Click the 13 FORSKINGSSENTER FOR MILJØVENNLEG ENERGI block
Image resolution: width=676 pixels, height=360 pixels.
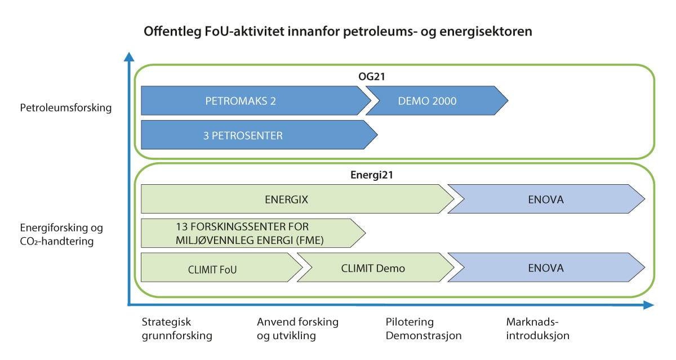coord(251,233)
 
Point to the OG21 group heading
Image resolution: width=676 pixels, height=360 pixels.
coord(394,75)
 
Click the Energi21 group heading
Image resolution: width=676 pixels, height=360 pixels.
coord(394,175)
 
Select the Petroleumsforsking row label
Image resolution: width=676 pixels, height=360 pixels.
coord(65,108)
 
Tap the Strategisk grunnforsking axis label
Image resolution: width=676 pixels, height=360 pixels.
coord(176,329)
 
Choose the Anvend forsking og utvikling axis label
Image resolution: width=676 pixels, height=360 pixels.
coord(297,329)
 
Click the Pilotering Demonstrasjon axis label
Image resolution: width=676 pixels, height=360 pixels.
coord(423,329)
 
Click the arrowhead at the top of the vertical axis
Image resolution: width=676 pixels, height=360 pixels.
coord(129,56)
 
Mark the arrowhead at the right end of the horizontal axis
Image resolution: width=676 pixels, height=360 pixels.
coord(648,305)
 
